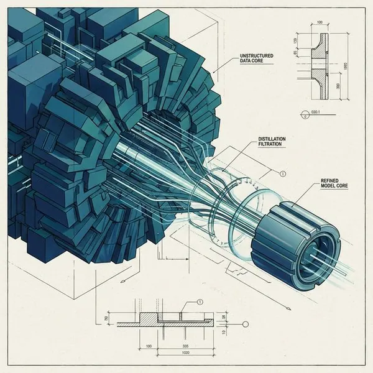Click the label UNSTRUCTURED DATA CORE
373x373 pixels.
pos(257,60)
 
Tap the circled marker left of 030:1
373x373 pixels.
pos(303,114)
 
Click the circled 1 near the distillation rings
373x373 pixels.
pos(283,173)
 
